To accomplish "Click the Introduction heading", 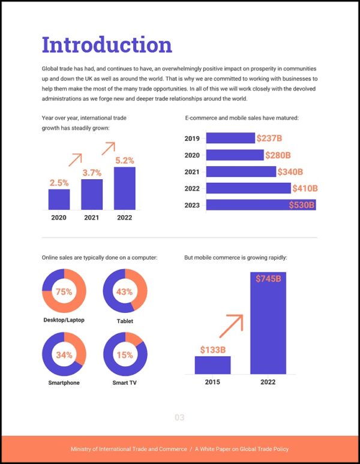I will [x=107, y=45].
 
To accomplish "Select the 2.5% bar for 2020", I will [x=59, y=200].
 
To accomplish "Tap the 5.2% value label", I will [x=124, y=161].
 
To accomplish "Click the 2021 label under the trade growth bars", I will [x=92, y=218].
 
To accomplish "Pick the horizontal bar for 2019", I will [x=230, y=138].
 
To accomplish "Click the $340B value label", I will [x=289, y=172].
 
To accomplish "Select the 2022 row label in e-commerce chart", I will [x=192, y=188].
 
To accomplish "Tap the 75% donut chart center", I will [x=64, y=291].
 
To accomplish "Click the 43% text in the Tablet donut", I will [x=124, y=291].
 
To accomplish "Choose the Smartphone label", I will [x=64, y=382].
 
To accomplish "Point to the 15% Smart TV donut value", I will [x=125, y=354].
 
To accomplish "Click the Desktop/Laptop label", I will [x=64, y=320].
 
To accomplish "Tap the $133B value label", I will [x=212, y=349].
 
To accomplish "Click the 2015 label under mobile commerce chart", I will [x=212, y=382].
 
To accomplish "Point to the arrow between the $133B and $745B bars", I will [x=231, y=326].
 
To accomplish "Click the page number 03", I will [x=179, y=418].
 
